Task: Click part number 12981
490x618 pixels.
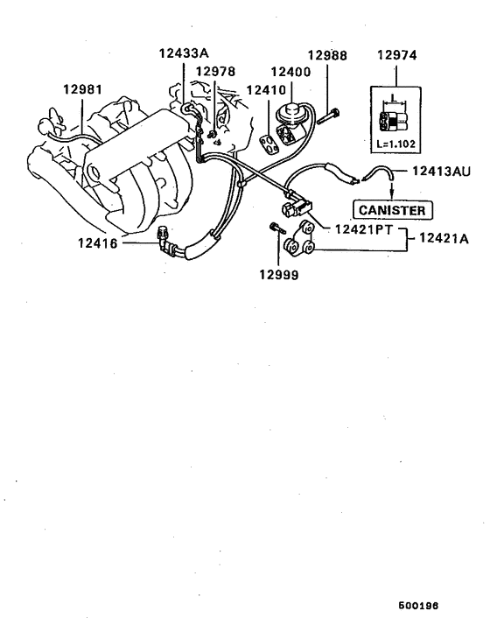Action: coord(83,88)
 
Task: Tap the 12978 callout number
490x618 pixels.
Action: coord(215,71)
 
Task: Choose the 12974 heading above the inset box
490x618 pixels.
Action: coord(397,54)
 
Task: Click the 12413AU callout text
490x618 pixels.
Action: coord(442,172)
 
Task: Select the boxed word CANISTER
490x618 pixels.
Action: coord(392,210)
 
